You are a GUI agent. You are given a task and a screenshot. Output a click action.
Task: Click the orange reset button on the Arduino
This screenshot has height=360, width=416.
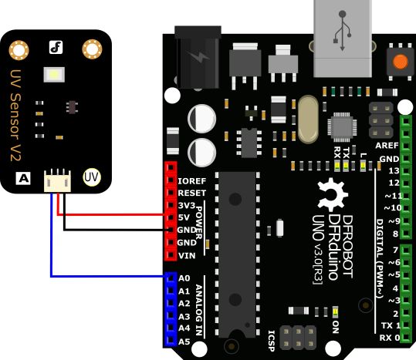point(401,62)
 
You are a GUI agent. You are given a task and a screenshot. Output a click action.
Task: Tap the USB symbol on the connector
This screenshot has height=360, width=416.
point(342,31)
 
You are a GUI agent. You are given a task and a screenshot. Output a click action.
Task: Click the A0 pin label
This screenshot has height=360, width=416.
point(184,278)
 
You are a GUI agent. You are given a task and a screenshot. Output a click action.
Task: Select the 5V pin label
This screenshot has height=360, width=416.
point(184,217)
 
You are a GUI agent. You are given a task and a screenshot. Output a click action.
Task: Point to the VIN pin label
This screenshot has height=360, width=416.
point(187,256)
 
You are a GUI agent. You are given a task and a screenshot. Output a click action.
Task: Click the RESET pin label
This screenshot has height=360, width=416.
point(192,193)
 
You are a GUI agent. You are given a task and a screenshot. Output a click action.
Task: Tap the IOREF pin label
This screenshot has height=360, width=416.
point(192,181)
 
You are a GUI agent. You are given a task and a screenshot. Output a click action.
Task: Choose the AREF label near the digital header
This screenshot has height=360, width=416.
point(387,146)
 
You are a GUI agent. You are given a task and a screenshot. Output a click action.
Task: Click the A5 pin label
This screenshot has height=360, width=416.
point(184,341)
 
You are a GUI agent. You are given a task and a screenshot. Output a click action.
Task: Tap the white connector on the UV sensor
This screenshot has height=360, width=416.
point(57,180)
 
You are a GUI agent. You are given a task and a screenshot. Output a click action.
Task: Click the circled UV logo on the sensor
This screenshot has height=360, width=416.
point(92,177)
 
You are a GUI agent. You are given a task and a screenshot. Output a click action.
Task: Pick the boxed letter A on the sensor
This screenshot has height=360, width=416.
point(23,178)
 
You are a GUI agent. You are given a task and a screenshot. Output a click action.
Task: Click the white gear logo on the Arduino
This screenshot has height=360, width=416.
point(332,193)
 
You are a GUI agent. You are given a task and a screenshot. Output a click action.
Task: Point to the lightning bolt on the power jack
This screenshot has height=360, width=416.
point(198,56)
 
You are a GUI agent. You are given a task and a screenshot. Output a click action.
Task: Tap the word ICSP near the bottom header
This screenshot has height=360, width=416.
point(271,341)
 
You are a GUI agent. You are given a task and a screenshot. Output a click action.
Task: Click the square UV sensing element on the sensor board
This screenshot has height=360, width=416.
point(54,75)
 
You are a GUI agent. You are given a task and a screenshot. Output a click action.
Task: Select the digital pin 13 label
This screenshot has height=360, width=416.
point(394,170)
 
